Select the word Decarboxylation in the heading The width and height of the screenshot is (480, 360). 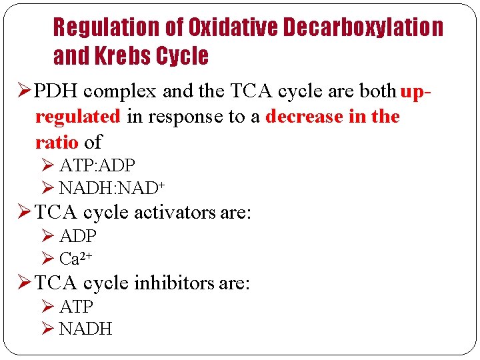363,27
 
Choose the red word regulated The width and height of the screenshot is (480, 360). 77,116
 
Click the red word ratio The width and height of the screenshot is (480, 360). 57,141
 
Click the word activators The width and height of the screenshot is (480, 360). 175,213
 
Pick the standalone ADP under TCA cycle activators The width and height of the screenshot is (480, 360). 78,236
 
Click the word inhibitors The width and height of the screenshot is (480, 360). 174,283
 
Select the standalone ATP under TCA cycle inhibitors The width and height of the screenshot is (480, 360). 77,307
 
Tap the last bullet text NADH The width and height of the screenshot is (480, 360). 85,329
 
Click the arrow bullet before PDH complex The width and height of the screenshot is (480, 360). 23,91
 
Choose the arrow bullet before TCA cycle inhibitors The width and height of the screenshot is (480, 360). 23,283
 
